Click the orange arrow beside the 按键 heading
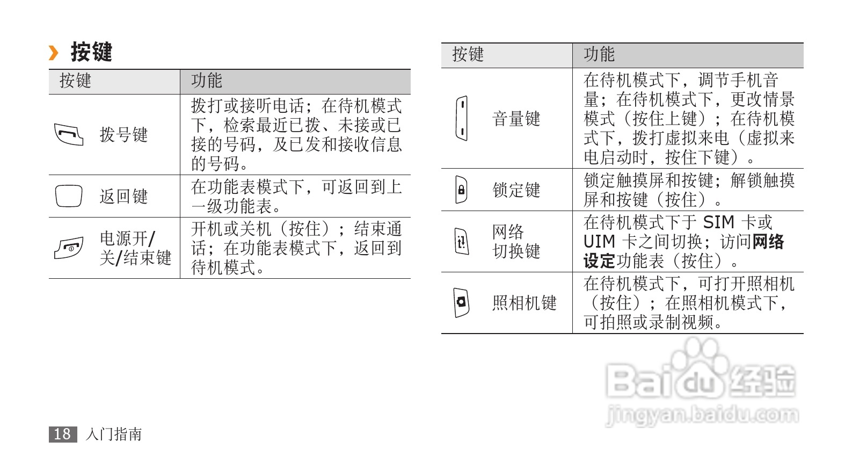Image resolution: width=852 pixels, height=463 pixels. pos(53,53)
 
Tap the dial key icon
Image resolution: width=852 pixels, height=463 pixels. pos(69,134)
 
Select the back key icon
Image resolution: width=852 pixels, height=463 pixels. pos(69,196)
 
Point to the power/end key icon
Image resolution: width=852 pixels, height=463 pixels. pos(69,248)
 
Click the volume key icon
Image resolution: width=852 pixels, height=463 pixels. pos(461,118)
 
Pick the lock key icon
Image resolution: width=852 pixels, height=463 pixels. pos(461,190)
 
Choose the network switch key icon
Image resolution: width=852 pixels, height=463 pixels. pos(461,241)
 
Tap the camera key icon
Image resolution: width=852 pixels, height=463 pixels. pos(461,302)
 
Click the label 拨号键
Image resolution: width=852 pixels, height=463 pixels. pos(123,135)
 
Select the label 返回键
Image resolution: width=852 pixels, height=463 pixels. pos(123,197)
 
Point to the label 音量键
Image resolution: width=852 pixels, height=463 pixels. pos(516,119)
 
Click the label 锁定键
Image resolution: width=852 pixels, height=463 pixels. pos(516,190)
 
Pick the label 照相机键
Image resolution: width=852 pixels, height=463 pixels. pos(524,303)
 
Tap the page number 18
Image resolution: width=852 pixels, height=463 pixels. pos(62,434)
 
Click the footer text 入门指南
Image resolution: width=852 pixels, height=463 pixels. pos(113,434)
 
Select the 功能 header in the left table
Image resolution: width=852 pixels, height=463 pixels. pos(207,81)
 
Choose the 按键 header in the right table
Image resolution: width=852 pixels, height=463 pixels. pos(468,54)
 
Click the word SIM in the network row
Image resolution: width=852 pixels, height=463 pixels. pos(718,222)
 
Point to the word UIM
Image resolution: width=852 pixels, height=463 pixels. pos(599,242)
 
